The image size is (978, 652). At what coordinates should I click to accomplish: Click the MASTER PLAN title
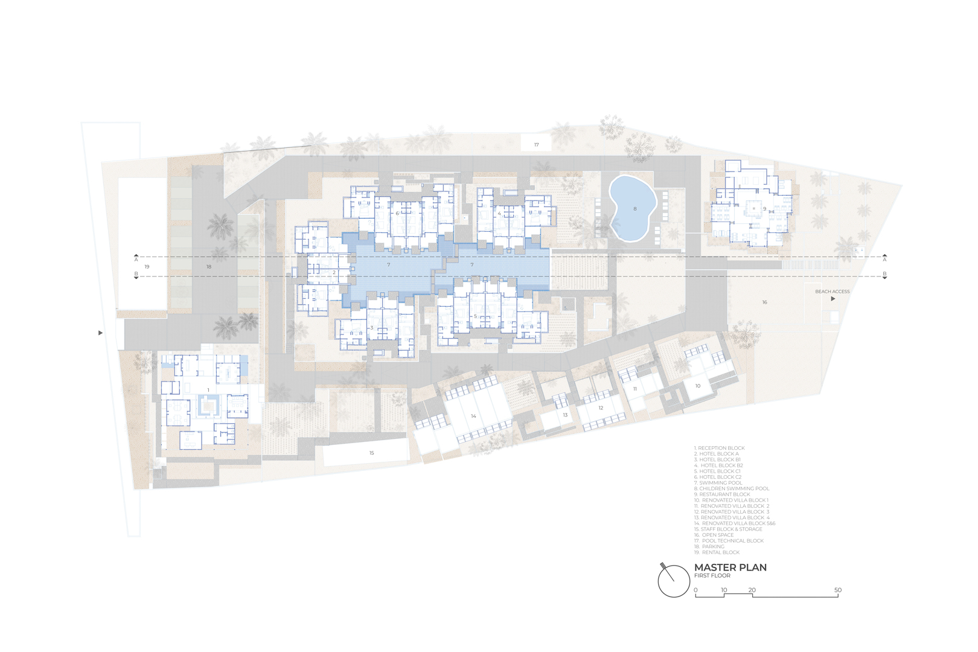pos(730,567)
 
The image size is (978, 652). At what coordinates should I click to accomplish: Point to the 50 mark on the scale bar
pos(838,590)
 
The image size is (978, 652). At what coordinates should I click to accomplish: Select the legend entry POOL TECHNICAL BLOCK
pos(729,541)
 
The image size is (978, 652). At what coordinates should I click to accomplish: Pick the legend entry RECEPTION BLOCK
pos(719,448)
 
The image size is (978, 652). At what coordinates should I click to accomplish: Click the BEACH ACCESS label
pos(832,292)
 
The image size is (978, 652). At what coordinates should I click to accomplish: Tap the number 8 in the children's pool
pos(635,209)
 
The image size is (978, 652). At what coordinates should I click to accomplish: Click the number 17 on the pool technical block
pos(537,144)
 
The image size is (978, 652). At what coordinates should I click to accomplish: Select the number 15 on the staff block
pos(371,453)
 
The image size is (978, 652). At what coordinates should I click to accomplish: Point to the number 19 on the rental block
pos(147,266)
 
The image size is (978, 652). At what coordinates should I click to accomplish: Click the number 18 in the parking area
pos(209,266)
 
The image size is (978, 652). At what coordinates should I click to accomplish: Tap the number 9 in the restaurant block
pos(764,209)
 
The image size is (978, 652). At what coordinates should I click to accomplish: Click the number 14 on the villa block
pos(473,416)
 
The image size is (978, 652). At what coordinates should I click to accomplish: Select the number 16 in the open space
pos(764,302)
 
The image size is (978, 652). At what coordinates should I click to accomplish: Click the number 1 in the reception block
pos(208,390)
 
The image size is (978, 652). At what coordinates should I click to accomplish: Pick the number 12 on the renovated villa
pos(601,408)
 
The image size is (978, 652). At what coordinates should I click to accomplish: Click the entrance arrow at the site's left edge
pos(100,333)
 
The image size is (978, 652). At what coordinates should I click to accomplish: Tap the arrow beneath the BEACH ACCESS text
pos(833,299)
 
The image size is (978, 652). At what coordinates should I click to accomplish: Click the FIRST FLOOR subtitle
pos(712,575)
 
